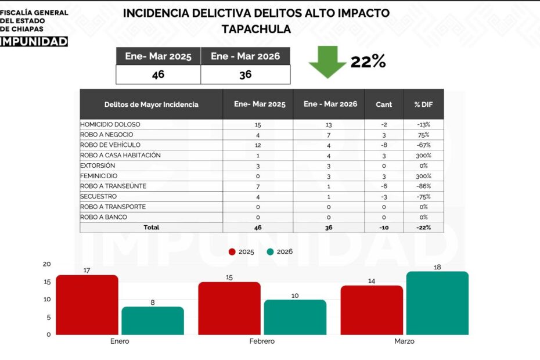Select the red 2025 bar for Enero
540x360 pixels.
(x=87, y=305)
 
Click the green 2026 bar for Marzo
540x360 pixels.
(x=437, y=303)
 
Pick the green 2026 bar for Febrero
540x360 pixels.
(x=295, y=317)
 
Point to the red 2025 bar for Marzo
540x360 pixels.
(x=372, y=310)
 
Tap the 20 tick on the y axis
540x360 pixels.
(x=47, y=264)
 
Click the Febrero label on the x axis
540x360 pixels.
(x=262, y=341)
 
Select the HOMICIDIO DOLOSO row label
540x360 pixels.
(x=110, y=124)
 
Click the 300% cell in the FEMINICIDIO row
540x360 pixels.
(x=423, y=176)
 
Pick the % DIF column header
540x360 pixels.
(x=423, y=105)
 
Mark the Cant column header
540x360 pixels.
(x=384, y=105)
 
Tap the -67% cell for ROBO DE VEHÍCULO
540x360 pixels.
(x=423, y=145)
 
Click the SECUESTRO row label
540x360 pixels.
(x=98, y=197)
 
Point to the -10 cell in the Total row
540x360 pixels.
(x=384, y=228)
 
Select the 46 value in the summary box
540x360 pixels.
(x=158, y=75)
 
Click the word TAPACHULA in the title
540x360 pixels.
(x=256, y=29)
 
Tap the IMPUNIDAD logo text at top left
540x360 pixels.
(x=34, y=41)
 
